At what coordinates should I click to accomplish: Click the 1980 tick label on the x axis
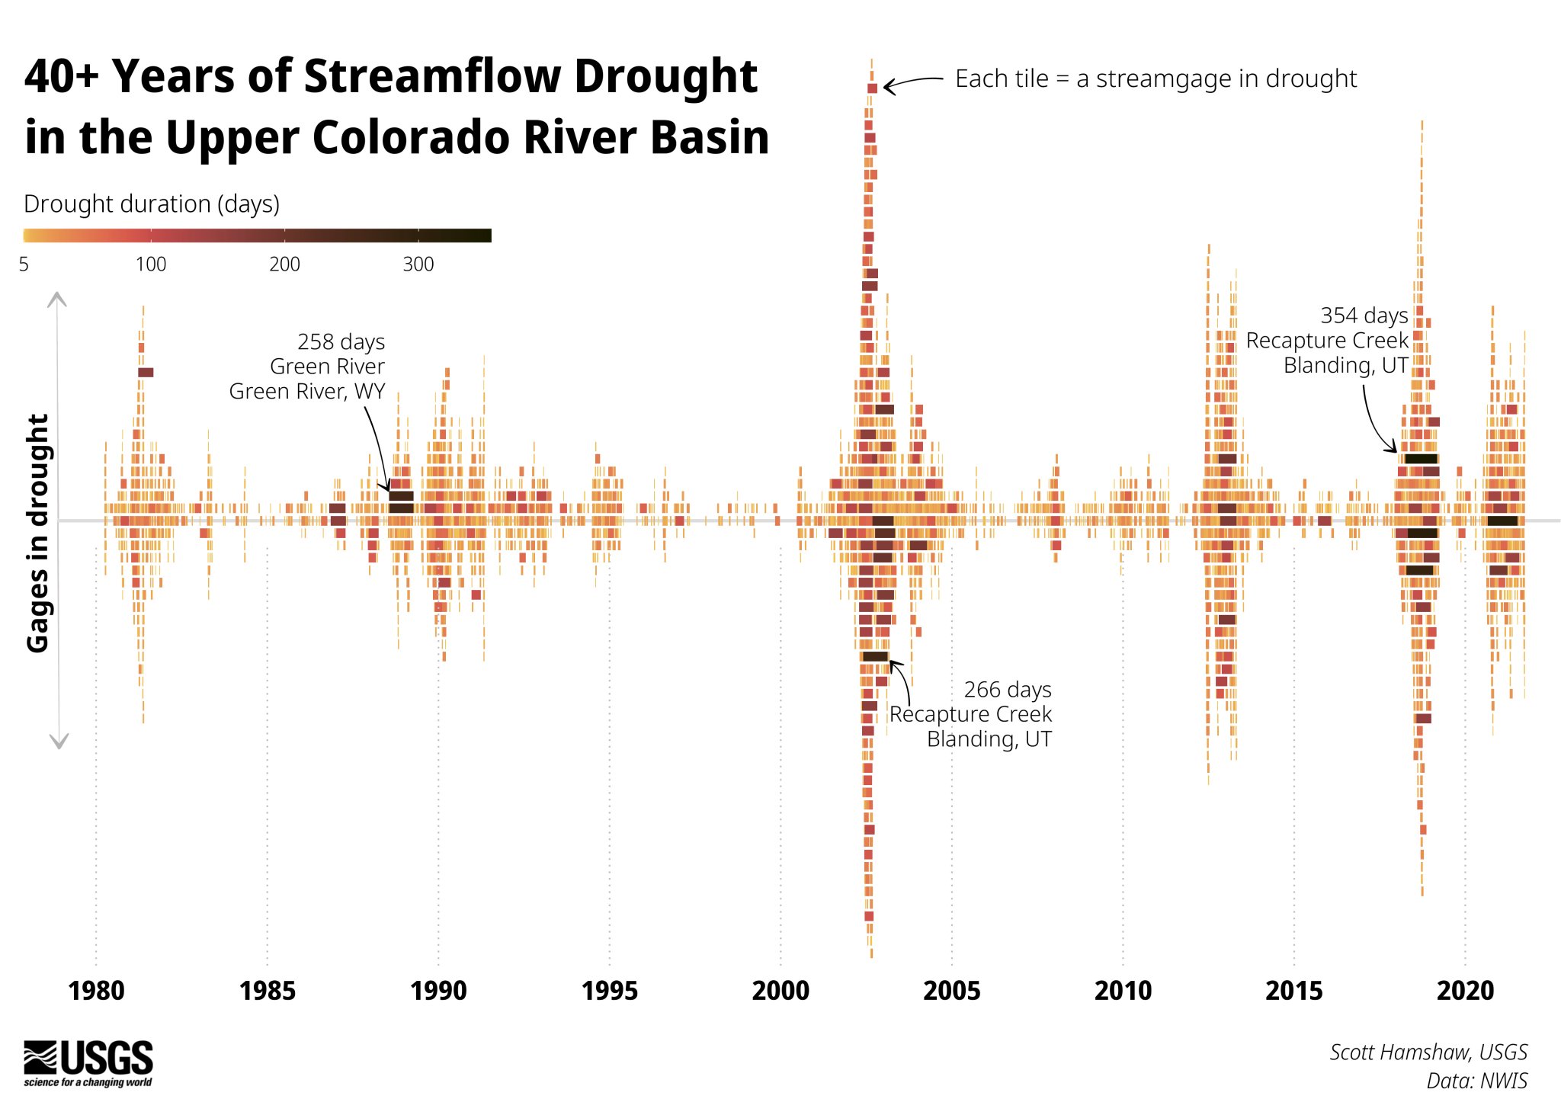[96, 991]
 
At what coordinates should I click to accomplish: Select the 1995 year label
[609, 991]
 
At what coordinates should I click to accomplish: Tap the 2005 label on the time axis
[951, 991]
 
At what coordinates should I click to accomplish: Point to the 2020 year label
[1465, 991]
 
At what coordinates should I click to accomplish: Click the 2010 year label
[1123, 991]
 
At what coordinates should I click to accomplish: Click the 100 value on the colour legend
[151, 264]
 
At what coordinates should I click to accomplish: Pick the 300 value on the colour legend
[418, 264]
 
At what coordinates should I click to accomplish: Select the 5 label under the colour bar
[24, 264]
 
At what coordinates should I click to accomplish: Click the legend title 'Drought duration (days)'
[152, 204]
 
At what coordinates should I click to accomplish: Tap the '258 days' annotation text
[341, 341]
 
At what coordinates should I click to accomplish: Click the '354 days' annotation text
[1364, 316]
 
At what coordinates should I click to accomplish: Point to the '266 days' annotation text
[1007, 690]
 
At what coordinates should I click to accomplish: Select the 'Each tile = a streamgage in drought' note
[1156, 78]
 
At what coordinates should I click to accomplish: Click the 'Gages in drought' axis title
[38, 533]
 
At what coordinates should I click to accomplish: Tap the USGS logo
[88, 1062]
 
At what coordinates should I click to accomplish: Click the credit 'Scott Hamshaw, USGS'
[1428, 1053]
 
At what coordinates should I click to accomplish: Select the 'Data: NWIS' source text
[1476, 1081]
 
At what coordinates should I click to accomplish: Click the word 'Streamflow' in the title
[432, 76]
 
